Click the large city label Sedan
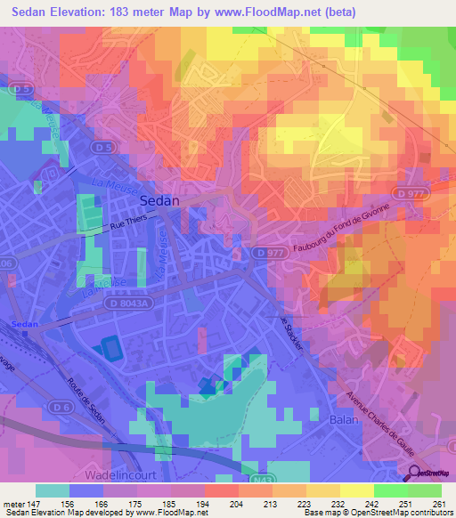pos(159,201)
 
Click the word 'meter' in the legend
pos(13,503)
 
